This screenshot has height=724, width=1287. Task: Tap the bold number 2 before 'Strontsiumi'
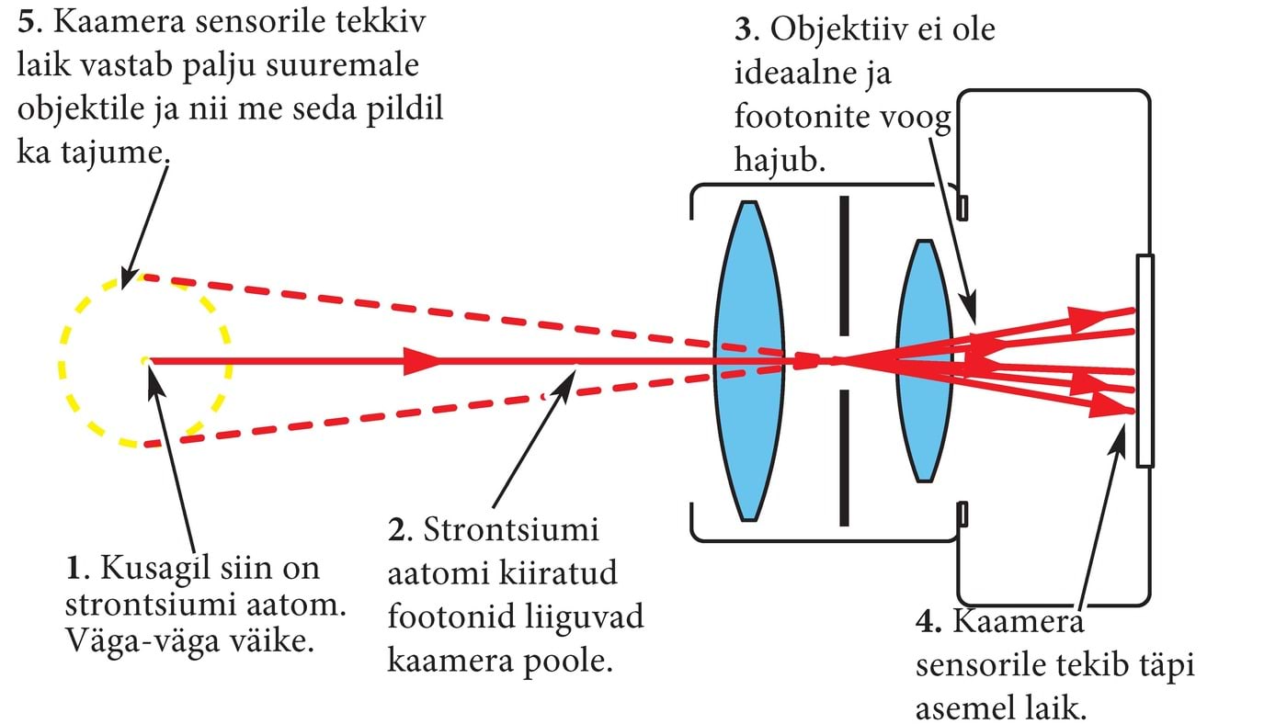click(x=396, y=531)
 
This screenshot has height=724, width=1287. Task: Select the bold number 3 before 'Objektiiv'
click(x=744, y=30)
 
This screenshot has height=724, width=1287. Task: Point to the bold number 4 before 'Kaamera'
click(x=926, y=622)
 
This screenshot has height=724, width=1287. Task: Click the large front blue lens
click(x=750, y=360)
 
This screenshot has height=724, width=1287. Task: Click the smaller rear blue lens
click(x=923, y=360)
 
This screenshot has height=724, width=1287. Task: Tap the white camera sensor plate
click(x=1145, y=360)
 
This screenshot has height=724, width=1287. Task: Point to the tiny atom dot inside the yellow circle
click(x=145, y=361)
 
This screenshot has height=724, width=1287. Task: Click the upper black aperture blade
click(x=843, y=266)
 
